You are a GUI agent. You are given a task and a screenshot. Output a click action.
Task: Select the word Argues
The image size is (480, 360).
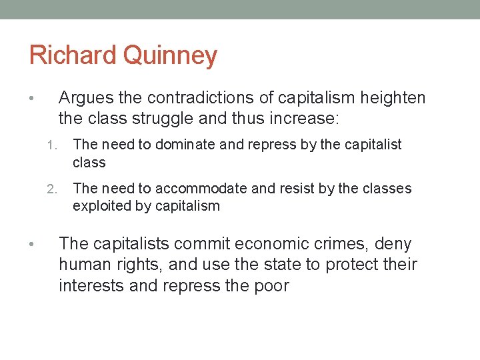pyautogui.click(x=85, y=99)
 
